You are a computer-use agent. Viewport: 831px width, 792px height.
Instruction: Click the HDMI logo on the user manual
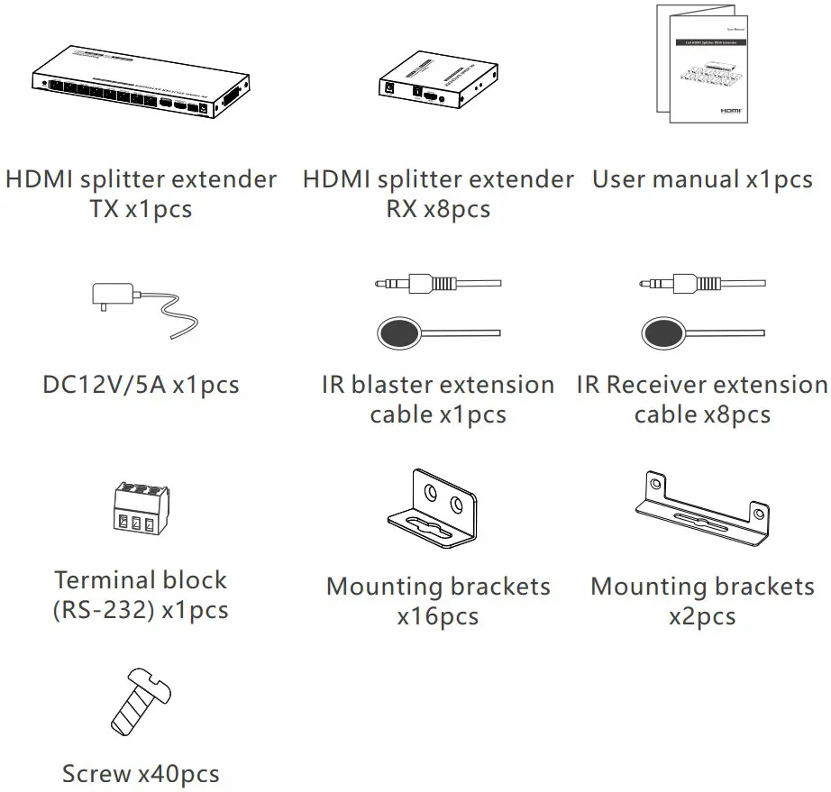[729, 107]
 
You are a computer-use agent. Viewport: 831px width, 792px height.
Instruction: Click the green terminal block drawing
[141, 509]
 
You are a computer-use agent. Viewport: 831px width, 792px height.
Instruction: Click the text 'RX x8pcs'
[437, 210]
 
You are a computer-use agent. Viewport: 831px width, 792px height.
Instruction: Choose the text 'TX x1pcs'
[140, 210]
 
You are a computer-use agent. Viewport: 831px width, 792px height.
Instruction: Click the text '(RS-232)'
[103, 611]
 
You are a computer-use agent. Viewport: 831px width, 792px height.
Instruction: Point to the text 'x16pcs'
[437, 617]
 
